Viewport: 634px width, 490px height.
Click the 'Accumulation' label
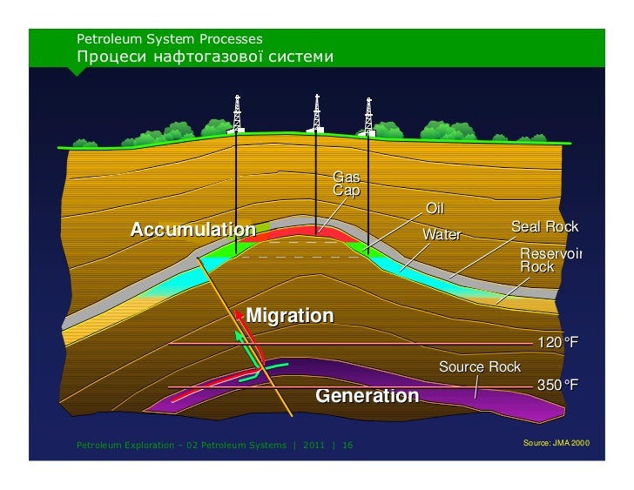[x=192, y=230]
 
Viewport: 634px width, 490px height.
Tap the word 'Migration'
[x=290, y=315]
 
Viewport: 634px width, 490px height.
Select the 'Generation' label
[x=367, y=396]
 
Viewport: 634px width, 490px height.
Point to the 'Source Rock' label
[x=479, y=367]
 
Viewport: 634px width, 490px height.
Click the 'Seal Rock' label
[x=544, y=227]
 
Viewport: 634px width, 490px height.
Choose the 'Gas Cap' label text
[x=346, y=184]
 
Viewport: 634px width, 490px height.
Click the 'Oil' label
[x=435, y=209]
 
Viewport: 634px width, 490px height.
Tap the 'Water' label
[x=441, y=235]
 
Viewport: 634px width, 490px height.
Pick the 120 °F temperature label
[x=557, y=343]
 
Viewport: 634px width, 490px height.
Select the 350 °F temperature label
[x=557, y=385]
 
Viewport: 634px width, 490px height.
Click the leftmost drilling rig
[x=236, y=113]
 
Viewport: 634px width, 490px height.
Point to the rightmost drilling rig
[x=368, y=115]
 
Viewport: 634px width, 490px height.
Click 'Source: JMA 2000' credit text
[x=556, y=443]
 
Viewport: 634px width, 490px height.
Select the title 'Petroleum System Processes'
[x=169, y=39]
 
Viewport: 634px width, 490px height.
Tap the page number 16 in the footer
[x=347, y=446]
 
